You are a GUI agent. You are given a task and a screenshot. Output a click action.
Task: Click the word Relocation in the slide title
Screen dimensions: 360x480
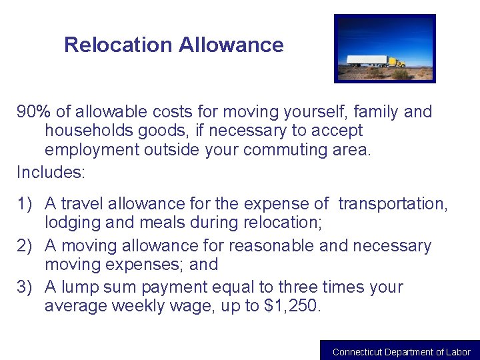[118, 45]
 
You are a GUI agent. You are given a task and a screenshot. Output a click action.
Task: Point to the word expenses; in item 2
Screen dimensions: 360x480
[145, 265]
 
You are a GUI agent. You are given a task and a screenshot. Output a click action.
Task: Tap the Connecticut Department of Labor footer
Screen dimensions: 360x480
[401, 352]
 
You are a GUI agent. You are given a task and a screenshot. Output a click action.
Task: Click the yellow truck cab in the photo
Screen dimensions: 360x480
[397, 63]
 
